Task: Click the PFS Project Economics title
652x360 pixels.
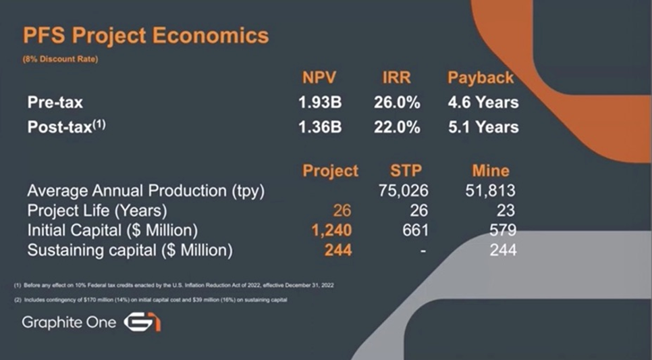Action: click(x=146, y=36)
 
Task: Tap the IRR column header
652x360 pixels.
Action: click(x=396, y=78)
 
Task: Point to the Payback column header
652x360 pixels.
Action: click(x=481, y=78)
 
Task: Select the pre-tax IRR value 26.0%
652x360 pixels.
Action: click(x=397, y=103)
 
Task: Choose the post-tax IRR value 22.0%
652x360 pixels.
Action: click(x=397, y=127)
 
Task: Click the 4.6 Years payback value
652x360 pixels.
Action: click(x=483, y=103)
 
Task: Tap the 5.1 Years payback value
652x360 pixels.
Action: click(x=483, y=127)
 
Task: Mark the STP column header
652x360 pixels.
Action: click(x=406, y=171)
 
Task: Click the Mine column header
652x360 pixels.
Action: click(x=491, y=171)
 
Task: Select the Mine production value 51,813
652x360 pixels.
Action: click(x=490, y=190)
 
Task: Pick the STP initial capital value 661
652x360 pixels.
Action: click(x=415, y=230)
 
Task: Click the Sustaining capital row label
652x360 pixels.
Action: click(x=130, y=250)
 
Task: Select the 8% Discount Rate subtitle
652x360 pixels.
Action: click(x=60, y=59)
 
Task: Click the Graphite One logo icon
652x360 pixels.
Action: click(x=142, y=323)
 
